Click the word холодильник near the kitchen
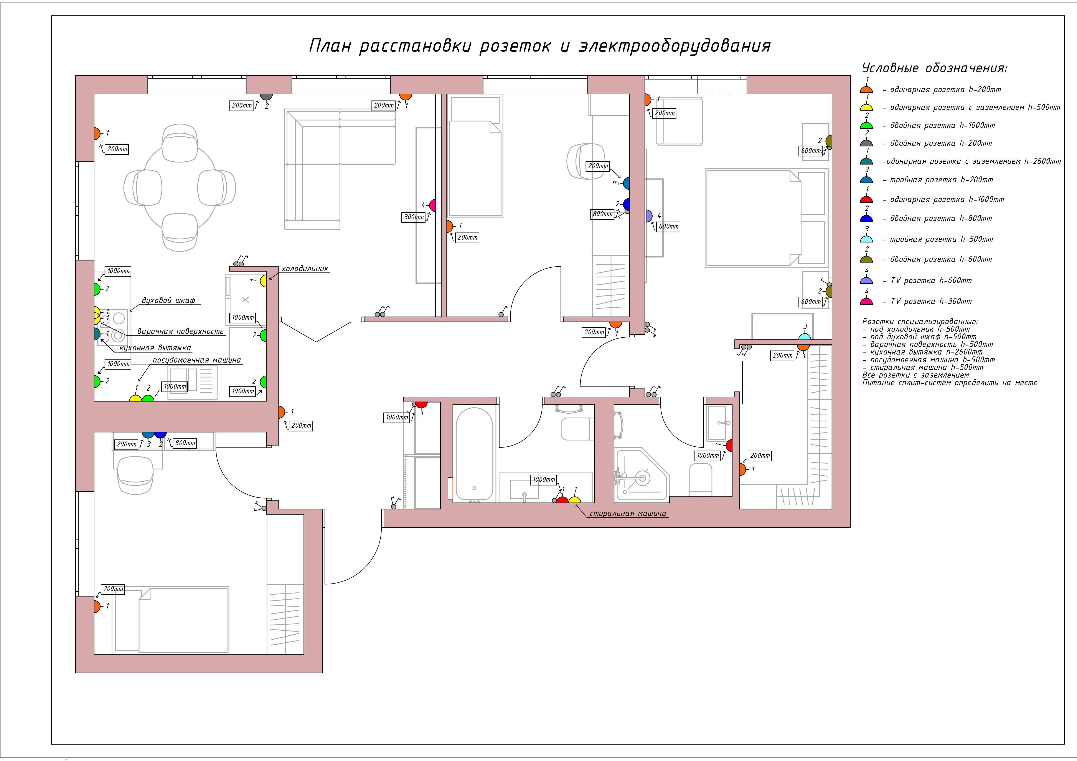click(305, 269)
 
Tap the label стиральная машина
click(628, 514)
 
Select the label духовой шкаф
click(168, 300)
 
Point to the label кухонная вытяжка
click(155, 348)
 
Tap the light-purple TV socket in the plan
click(649, 216)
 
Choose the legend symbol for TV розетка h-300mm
click(866, 301)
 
